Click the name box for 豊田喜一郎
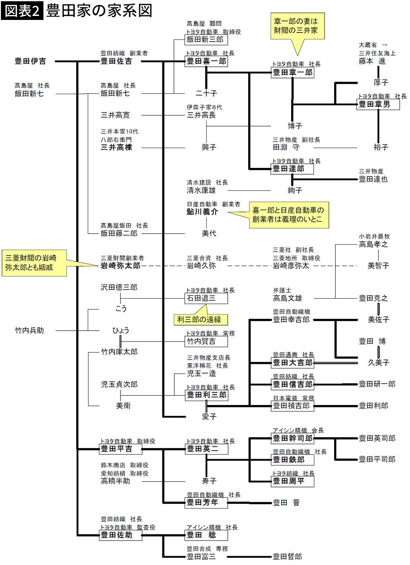click(206, 61)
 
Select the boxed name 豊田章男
click(378, 104)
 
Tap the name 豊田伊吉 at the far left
click(30, 61)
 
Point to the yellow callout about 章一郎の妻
click(297, 26)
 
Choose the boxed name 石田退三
click(206, 298)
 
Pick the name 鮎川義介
click(202, 212)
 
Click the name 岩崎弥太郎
click(121, 265)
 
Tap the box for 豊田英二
click(206, 449)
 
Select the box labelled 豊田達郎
click(292, 169)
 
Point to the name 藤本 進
click(372, 61)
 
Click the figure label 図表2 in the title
click(22, 11)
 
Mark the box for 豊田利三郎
click(206, 395)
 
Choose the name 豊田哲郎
click(287, 556)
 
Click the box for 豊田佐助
click(121, 535)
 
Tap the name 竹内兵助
click(29, 330)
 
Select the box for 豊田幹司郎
click(292, 438)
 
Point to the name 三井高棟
click(117, 147)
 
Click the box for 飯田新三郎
click(206, 40)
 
